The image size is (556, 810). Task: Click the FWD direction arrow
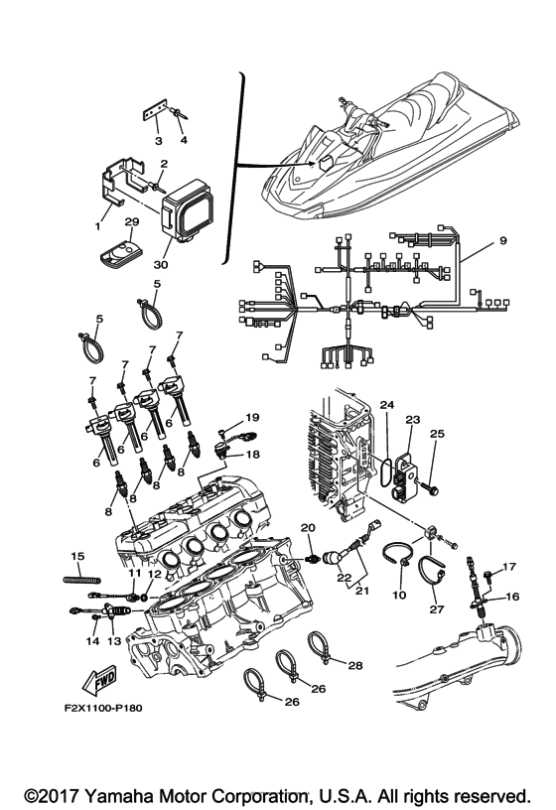[x=99, y=681]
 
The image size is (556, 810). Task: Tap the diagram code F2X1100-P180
[x=103, y=708]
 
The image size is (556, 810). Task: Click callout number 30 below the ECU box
[x=161, y=264]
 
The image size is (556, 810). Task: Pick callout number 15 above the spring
[x=77, y=556]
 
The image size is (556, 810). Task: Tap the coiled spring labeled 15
[x=81, y=580]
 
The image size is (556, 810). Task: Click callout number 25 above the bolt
[x=437, y=434]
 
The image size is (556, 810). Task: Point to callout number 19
[x=252, y=417]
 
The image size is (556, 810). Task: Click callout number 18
[x=253, y=455]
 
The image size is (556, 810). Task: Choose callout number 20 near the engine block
[x=308, y=528]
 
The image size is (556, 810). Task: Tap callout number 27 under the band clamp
[x=437, y=609]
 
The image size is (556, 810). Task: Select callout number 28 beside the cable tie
[x=355, y=665]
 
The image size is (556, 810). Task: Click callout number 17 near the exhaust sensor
[x=509, y=567]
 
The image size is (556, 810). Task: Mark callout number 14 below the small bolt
[x=93, y=641]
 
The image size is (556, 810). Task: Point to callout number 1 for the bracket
[x=97, y=226]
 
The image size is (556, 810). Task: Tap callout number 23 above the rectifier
[x=413, y=420]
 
